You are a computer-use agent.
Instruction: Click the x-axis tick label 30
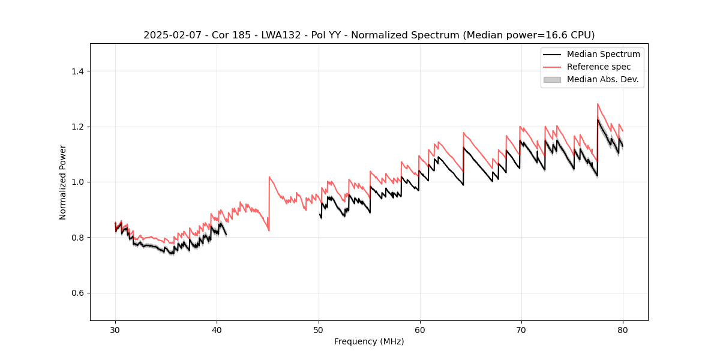coord(115,330)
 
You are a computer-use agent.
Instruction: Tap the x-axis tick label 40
coord(217,330)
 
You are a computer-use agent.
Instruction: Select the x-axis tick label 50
coord(319,330)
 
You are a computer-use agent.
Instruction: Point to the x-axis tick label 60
coord(420,330)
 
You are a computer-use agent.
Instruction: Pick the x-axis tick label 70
coord(521,330)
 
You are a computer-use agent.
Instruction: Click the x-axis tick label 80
coord(623,330)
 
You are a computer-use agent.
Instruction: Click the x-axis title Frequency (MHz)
coord(369,341)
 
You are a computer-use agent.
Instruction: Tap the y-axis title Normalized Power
coord(62,182)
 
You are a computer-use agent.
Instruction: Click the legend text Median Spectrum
coord(603,54)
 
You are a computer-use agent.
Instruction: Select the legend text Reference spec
coord(599,67)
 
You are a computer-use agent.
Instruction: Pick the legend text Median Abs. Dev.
coord(602,79)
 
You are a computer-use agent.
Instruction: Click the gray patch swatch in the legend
coord(552,79)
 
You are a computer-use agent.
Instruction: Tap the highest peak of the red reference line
coord(598,104)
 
